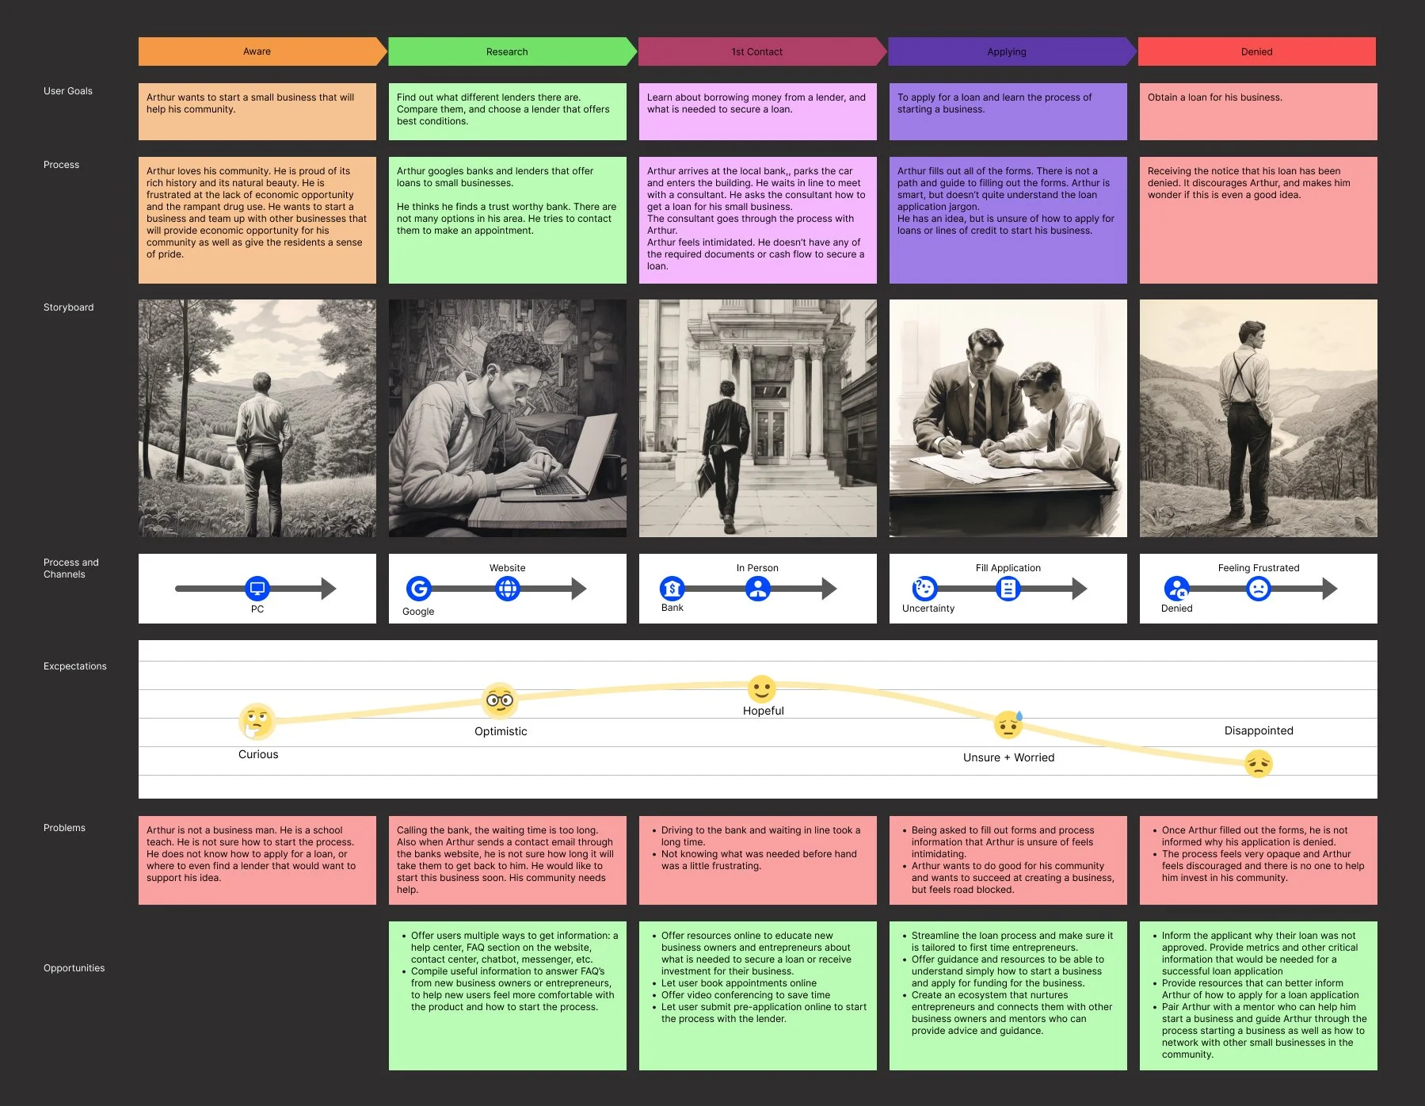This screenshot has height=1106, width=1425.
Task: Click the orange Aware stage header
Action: click(x=257, y=51)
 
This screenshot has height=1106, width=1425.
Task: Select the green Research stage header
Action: click(x=507, y=51)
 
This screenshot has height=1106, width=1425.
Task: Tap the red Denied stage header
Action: click(x=1256, y=51)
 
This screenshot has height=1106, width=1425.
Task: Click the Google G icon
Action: click(x=419, y=588)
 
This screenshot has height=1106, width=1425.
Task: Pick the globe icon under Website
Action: click(x=508, y=588)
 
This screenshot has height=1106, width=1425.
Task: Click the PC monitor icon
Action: click(x=257, y=588)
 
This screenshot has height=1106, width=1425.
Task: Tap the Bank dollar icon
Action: click(x=672, y=588)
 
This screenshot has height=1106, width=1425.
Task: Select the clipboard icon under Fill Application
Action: click(x=1008, y=588)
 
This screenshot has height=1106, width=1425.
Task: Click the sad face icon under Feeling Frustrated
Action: click(x=1258, y=588)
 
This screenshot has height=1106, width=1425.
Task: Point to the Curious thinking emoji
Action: click(x=257, y=720)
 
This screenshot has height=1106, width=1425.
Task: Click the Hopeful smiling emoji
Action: click(x=762, y=688)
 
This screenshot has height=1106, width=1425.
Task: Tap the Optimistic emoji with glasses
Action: click(x=500, y=700)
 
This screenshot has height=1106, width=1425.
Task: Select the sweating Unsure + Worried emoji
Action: click(x=1008, y=724)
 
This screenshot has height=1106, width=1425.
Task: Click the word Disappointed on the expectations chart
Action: click(x=1259, y=730)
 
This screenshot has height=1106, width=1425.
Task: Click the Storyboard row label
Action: click(x=68, y=307)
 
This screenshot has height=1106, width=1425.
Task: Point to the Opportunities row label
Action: click(x=74, y=968)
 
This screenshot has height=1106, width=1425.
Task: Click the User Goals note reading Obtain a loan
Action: click(x=1257, y=111)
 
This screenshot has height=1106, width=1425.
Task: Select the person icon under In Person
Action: click(x=758, y=588)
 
